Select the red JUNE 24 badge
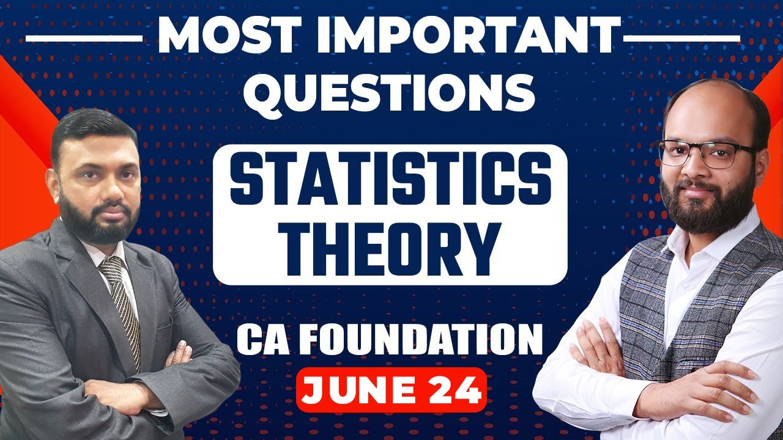[391, 389]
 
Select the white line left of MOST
[83, 38]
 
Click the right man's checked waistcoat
[648, 293]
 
